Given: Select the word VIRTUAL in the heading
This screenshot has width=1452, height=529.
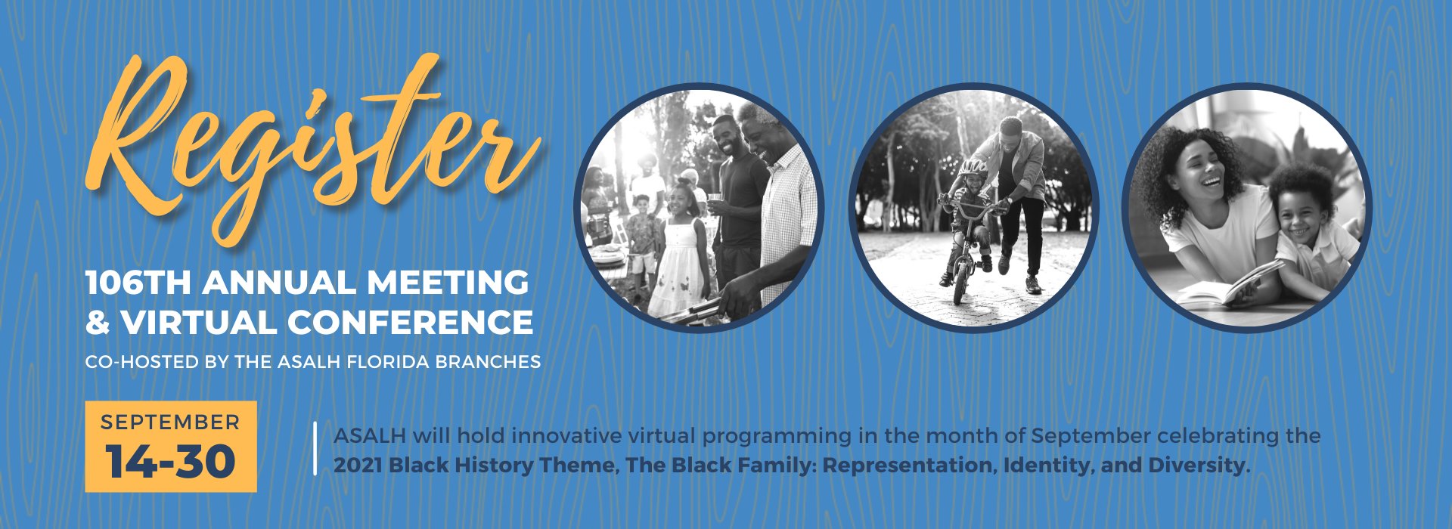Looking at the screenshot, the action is click(x=199, y=323).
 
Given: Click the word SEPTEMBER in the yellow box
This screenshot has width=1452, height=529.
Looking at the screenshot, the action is click(x=170, y=422).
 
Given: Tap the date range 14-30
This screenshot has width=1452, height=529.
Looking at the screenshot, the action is click(x=170, y=461).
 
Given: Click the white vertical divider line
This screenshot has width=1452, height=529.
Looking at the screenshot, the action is click(x=315, y=448).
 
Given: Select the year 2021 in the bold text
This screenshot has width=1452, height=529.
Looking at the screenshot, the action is click(x=358, y=465).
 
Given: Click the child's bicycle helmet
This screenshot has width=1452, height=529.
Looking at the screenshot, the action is click(x=973, y=167).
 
